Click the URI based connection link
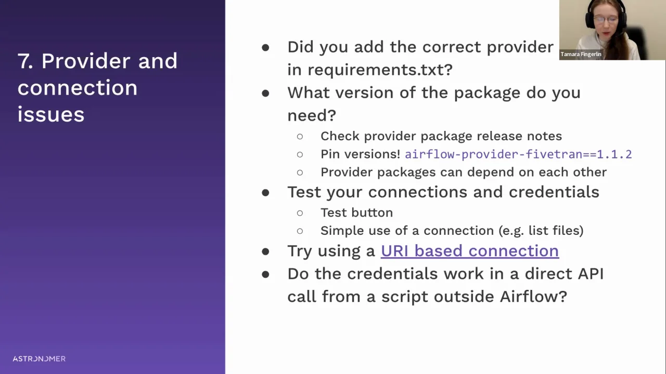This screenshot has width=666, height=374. pos(470,251)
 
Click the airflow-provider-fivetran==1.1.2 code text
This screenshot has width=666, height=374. pos(518,154)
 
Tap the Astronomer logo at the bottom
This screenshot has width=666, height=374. pos(39,358)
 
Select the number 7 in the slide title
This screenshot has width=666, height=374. pos(25,61)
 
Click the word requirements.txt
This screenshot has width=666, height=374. pos(380,70)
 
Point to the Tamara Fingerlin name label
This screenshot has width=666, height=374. pos(581,55)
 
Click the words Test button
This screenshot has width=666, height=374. pos(356,213)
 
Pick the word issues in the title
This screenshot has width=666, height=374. pos(51,115)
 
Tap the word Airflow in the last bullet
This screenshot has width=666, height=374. pos(533,297)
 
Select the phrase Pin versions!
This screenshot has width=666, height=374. pos(361,154)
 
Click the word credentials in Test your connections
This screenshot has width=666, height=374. pos(554,192)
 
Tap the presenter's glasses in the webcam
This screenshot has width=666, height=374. pos(606,20)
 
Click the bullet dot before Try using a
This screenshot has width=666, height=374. pos(265,252)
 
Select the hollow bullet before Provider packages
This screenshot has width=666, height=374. pos(300,172)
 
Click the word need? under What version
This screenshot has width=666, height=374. pos(312,115)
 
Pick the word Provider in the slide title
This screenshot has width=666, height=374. pos(86,61)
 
